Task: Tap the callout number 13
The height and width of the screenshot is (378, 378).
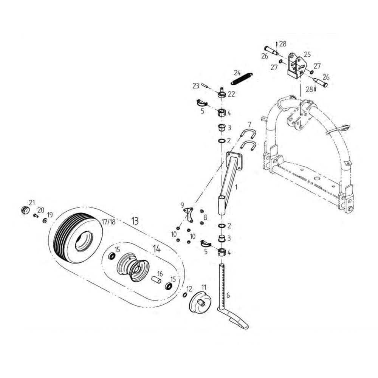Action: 135,221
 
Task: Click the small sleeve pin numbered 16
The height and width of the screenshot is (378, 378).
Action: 156,280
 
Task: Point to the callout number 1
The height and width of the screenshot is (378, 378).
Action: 237,187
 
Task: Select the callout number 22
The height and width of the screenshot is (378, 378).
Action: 231,94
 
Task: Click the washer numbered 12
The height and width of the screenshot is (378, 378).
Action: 184,295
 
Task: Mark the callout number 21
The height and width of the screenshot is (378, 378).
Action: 32,202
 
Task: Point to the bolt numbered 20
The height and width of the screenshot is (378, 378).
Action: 36,215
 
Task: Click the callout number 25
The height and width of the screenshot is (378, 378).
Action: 307,54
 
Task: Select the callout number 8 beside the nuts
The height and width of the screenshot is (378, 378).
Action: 205,218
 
